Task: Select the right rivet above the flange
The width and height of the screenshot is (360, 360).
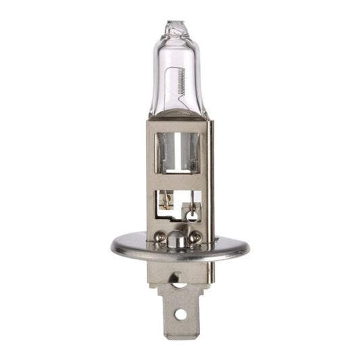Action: click(196, 236)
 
